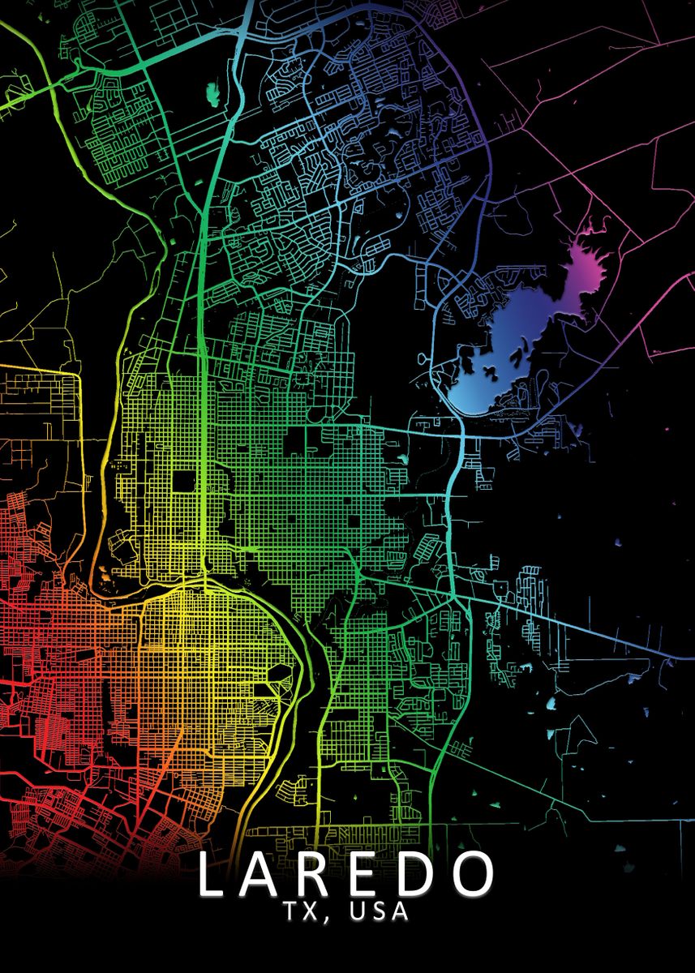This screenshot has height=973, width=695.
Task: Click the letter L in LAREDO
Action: click(x=212, y=875)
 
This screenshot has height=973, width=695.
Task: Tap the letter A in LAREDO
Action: click(x=268, y=875)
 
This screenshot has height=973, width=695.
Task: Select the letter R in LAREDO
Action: click(x=324, y=875)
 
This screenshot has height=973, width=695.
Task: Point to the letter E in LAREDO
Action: click(x=372, y=875)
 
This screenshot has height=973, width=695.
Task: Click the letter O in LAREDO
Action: click(x=473, y=875)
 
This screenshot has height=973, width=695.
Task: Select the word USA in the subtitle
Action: click(x=379, y=913)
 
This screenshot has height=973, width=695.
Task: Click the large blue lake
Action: click(x=495, y=357)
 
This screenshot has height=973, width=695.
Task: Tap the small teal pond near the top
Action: click(x=213, y=94)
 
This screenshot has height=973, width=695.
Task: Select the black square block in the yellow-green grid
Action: click(x=184, y=481)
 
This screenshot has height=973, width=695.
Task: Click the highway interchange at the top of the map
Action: click(x=243, y=36)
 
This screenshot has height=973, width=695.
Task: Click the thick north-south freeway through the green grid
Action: click(x=200, y=405)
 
